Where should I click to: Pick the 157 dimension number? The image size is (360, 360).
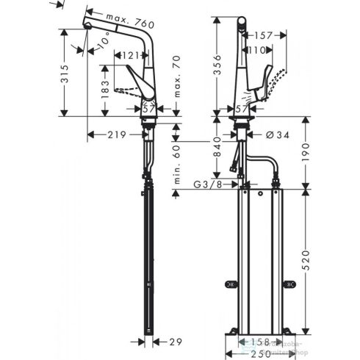coord(263,35)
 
